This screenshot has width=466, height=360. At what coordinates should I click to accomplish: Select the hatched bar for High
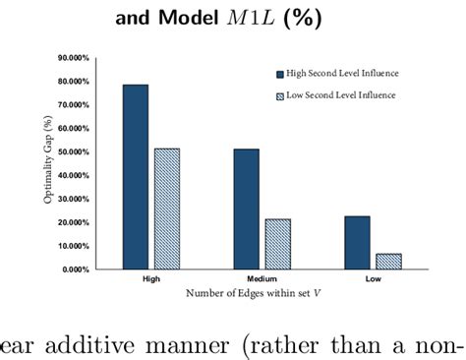pos(167,209)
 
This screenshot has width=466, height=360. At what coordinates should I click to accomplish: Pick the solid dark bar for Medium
pos(246,209)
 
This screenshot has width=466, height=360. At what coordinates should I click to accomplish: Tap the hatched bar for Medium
pos(277,244)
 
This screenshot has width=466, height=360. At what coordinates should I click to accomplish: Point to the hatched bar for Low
pos(388,261)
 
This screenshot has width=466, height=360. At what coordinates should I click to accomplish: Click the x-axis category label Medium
pos(261,278)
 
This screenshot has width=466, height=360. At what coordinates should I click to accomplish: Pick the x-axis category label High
pos(151,278)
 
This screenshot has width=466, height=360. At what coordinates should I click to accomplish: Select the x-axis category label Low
pos(372,278)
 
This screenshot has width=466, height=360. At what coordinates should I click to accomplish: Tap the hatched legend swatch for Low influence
pos(279,95)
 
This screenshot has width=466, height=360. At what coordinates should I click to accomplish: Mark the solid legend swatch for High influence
pos(279,73)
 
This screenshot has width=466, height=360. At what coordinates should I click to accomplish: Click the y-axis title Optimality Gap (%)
pos(48,162)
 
